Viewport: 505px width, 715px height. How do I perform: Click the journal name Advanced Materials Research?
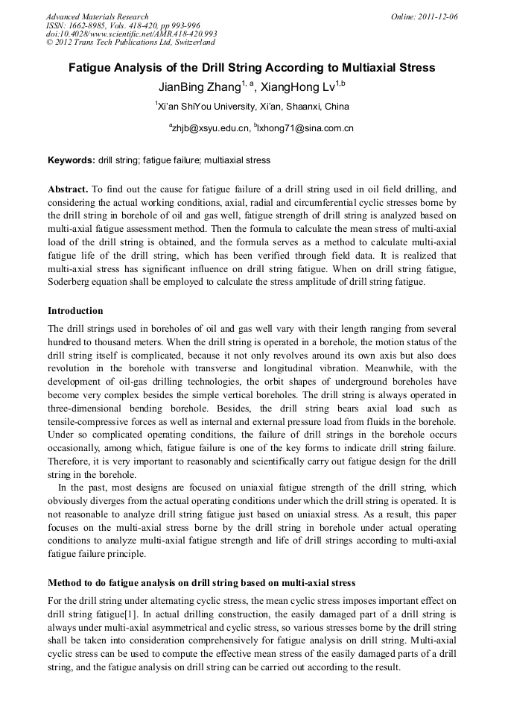tap(97, 16)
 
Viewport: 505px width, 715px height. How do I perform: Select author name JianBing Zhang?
tap(199, 87)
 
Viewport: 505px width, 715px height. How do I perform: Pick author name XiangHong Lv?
tap(302, 87)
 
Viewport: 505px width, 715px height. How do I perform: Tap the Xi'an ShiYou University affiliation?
tap(253, 107)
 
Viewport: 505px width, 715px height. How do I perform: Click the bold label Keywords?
tap(72, 160)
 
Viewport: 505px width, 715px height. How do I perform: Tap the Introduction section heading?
tap(75, 310)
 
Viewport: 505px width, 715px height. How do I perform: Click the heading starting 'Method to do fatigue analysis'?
tap(201, 582)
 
